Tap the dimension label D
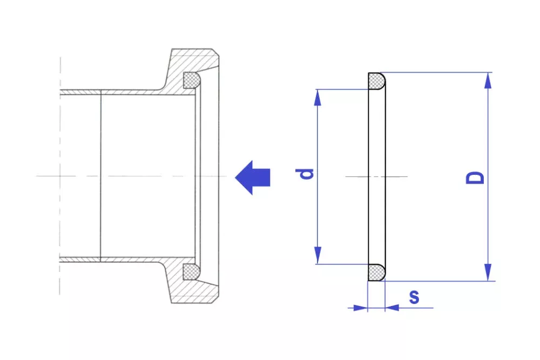pos(475,178)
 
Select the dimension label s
pos(414,297)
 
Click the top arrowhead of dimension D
pos(488,80)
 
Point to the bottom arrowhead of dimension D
pos(488,273)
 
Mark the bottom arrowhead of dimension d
pos(318,256)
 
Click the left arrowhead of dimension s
pos(360,308)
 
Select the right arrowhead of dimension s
pos(392,308)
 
